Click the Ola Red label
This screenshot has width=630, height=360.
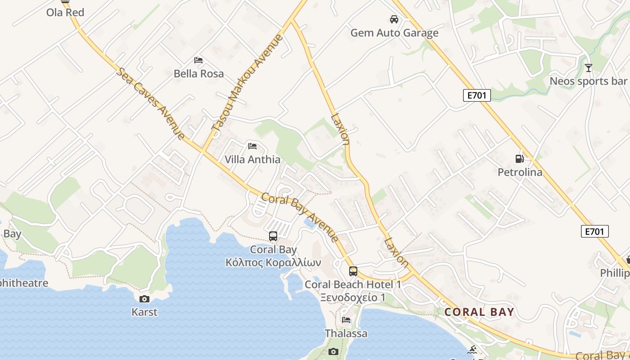[x=65, y=13]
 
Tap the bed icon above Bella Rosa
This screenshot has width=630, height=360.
[x=198, y=60]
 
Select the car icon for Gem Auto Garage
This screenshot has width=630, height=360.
[x=394, y=19]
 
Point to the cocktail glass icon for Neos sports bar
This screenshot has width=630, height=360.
[x=588, y=68]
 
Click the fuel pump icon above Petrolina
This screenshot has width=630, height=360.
[x=520, y=159]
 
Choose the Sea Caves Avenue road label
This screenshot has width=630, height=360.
[x=150, y=103]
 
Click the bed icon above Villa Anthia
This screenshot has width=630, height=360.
[x=252, y=146]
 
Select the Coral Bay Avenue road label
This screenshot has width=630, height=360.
[x=299, y=217]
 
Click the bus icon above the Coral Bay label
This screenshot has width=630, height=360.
[x=273, y=236]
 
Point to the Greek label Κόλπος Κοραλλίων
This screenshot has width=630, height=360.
[x=273, y=262]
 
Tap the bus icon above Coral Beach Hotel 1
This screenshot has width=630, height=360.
[x=353, y=271]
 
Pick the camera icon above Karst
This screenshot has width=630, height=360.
[x=144, y=299]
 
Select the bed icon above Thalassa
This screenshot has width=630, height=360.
[x=346, y=320]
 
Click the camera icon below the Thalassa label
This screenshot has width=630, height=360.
[x=333, y=351]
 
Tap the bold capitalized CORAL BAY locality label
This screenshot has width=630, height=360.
[x=479, y=312]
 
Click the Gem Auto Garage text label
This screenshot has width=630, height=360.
[x=394, y=33]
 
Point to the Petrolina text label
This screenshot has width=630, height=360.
[x=520, y=172]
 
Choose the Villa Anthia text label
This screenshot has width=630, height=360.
[x=252, y=160]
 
